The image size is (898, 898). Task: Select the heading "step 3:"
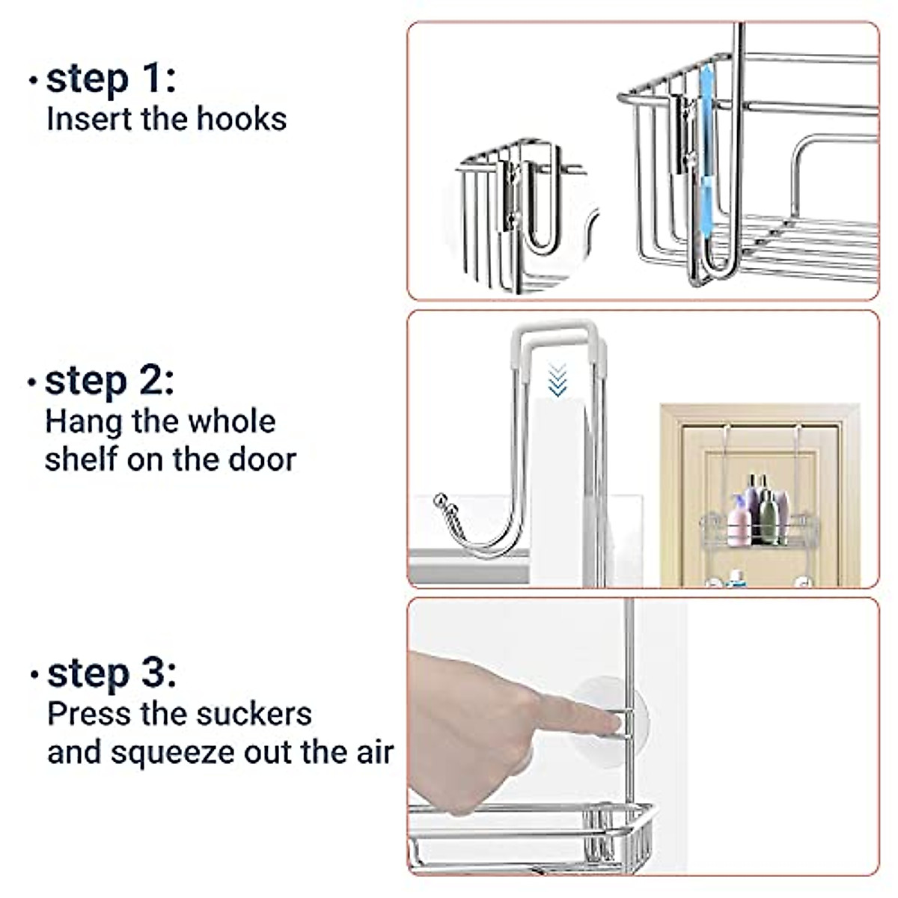tap(112, 675)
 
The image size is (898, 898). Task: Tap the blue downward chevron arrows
tap(558, 379)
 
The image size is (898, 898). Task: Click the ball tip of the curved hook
tap(439, 500)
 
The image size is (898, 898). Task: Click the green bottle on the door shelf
tap(769, 518)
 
